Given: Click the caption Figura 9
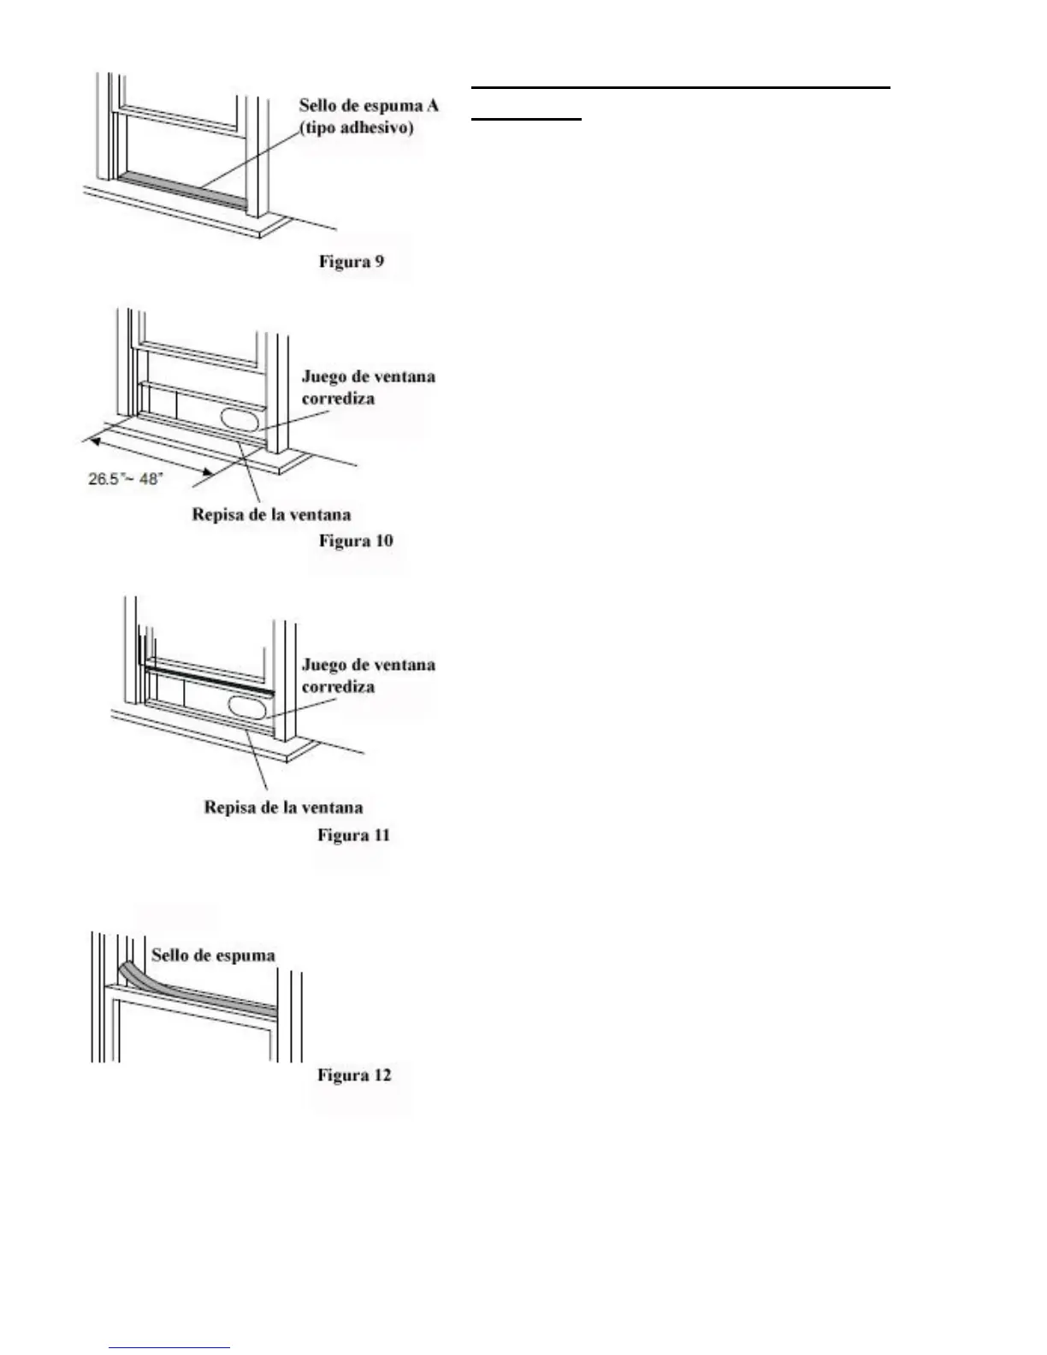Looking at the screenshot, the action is click(352, 261).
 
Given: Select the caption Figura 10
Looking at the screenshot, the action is click(356, 541).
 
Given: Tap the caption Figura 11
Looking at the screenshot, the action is click(353, 834).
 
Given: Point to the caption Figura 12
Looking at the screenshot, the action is click(354, 1074).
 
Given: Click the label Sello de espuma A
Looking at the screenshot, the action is click(369, 106).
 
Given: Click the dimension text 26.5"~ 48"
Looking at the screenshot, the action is click(125, 479).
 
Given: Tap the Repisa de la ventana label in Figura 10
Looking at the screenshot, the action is click(271, 515).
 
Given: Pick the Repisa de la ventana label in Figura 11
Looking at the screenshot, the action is click(283, 807).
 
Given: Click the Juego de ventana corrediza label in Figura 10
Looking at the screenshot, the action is click(368, 388).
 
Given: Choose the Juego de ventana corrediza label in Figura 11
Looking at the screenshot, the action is click(368, 676).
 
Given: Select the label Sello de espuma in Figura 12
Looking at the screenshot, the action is click(213, 955).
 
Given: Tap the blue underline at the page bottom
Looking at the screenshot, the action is click(170, 1348).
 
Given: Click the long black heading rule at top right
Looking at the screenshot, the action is click(680, 87).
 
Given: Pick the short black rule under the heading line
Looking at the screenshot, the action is click(526, 120).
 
